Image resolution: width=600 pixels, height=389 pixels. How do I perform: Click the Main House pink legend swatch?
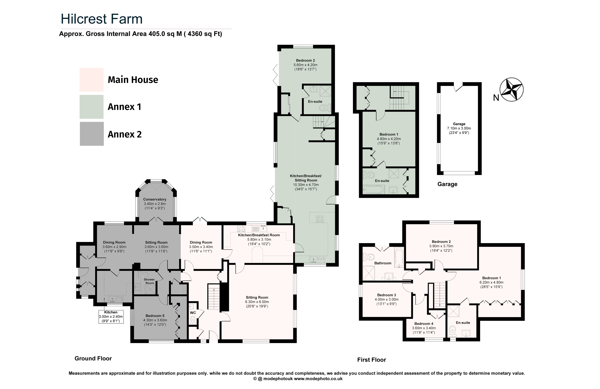[92, 80]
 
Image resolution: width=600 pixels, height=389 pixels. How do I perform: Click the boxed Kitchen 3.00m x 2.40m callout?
[111, 317]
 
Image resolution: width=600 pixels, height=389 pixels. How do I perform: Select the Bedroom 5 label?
[155, 316]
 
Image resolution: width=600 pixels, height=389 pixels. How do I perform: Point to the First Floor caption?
[372, 360]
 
